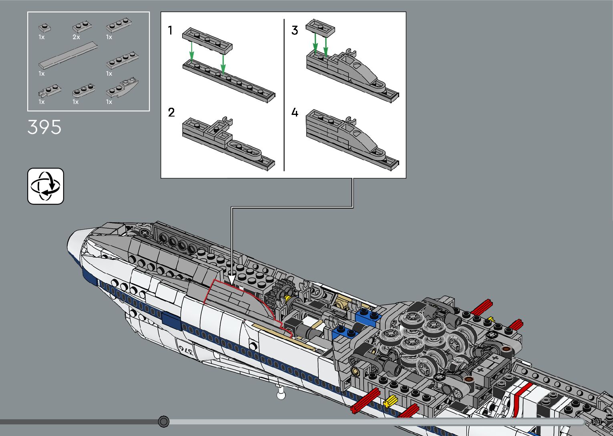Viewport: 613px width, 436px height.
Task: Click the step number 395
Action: click(44, 127)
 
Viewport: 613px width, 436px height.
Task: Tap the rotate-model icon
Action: click(46, 186)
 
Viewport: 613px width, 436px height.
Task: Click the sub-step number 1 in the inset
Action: click(170, 30)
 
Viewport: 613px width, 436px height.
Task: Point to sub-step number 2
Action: click(171, 113)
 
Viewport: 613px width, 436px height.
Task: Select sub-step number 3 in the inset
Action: click(295, 30)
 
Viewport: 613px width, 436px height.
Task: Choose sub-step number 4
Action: click(295, 113)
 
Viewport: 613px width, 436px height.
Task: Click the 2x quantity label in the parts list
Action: click(76, 37)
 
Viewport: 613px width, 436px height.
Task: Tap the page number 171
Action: click(597, 422)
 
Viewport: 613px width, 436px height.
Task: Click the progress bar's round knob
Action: click(163, 422)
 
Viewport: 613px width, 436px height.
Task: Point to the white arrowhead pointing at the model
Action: click(231, 279)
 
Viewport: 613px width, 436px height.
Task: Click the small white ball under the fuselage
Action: click(281, 396)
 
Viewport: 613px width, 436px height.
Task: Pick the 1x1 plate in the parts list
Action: click(44, 28)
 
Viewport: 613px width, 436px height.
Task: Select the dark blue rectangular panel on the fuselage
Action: click(171, 321)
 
